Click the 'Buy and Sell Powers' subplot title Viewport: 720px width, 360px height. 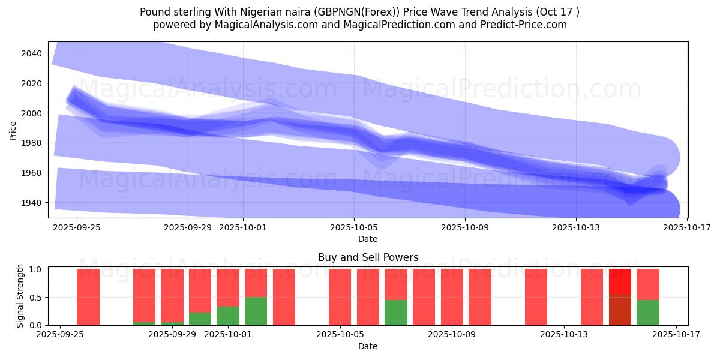[368, 257]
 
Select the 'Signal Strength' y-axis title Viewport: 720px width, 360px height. [20, 296]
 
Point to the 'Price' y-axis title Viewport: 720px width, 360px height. [13, 130]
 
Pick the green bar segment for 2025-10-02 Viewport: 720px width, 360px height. [256, 311]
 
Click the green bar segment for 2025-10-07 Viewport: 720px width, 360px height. [396, 312]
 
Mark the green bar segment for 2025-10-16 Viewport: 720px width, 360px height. [648, 312]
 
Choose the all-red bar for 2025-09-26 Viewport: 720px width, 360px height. [88, 297]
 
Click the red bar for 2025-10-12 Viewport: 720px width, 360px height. [536, 297]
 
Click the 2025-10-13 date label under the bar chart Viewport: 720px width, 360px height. [565, 335]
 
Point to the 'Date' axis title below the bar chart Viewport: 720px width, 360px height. [368, 346]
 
